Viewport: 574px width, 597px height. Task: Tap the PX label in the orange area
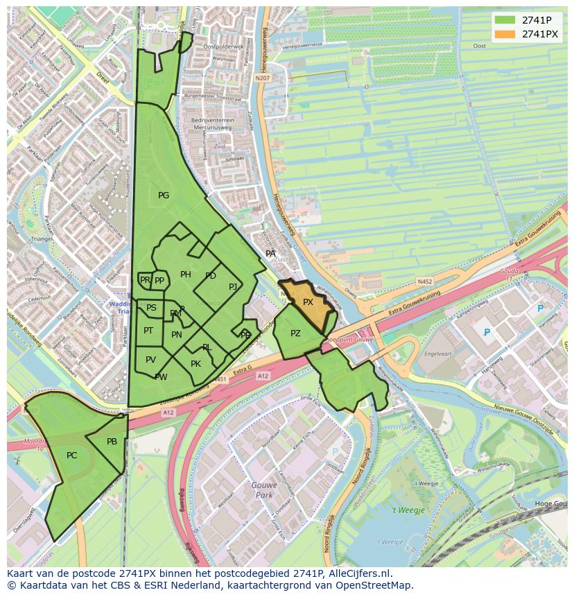[x=308, y=302]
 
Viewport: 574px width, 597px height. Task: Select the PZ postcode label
[x=295, y=334]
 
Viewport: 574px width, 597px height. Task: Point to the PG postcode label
[x=164, y=196]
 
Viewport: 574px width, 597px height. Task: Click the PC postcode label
[x=72, y=456]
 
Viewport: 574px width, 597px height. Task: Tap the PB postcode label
[x=112, y=442]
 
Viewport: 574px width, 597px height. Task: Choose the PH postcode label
[x=186, y=275]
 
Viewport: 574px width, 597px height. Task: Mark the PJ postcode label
[x=233, y=286]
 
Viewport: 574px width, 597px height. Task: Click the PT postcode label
[x=148, y=331]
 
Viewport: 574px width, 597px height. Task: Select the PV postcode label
[x=150, y=359]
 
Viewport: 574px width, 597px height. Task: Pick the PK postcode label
[x=195, y=364]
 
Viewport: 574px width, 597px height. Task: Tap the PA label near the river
[x=270, y=254]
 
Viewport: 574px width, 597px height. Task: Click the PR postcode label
[x=145, y=280]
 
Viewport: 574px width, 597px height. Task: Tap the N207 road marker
[x=262, y=78]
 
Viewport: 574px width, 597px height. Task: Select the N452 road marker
[x=425, y=282]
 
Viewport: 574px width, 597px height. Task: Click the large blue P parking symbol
[x=487, y=333]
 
